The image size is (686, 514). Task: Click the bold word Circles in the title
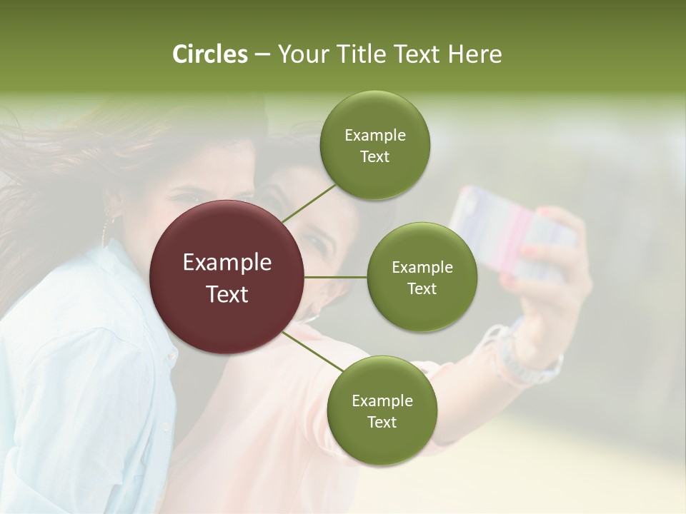pyautogui.click(x=209, y=54)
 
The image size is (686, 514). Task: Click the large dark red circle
pyautogui.click(x=227, y=277)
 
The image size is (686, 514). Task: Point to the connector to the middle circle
pyautogui.click(x=336, y=277)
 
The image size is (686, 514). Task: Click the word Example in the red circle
pyautogui.click(x=227, y=263)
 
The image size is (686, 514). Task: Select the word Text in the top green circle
pyautogui.click(x=374, y=157)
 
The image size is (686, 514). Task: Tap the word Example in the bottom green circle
pyautogui.click(x=382, y=400)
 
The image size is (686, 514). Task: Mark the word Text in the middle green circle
pyautogui.click(x=422, y=288)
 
